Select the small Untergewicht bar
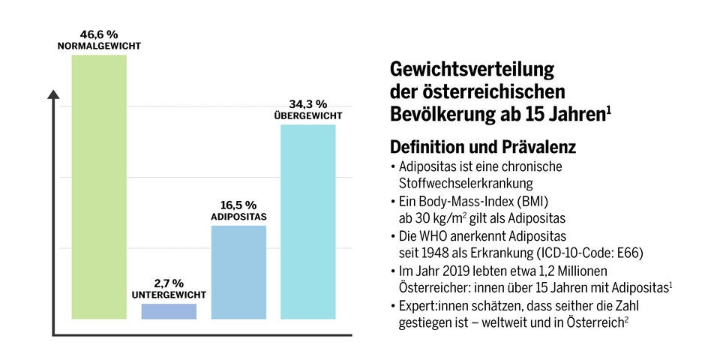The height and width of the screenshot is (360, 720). (169, 311)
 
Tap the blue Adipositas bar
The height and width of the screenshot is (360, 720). (238, 271)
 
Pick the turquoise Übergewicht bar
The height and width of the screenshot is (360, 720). (308, 221)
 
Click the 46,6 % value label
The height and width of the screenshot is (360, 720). (99, 34)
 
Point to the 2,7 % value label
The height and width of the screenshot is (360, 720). (169, 283)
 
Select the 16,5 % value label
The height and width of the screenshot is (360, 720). (238, 205)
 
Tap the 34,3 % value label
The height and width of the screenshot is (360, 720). (308, 103)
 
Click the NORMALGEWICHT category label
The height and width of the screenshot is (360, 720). (99, 46)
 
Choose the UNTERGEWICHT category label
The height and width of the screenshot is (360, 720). (169, 295)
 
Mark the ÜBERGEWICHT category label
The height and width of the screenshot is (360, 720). (308, 116)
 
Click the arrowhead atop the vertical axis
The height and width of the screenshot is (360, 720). (53, 94)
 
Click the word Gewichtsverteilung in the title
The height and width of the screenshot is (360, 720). (472, 70)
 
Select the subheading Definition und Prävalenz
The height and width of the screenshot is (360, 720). (483, 147)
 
